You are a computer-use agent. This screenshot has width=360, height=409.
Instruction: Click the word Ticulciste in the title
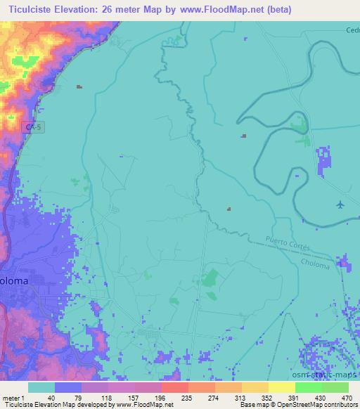click(31, 10)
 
